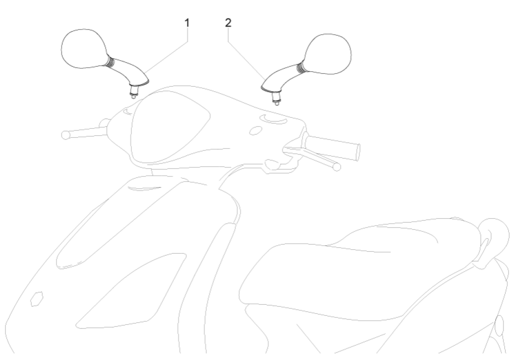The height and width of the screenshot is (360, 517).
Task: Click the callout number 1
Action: click(x=187, y=23)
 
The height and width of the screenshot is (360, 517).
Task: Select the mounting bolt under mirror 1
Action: click(x=134, y=92)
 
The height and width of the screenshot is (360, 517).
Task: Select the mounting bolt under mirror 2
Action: click(x=275, y=97)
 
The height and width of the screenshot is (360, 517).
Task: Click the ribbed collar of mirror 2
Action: click(x=302, y=67)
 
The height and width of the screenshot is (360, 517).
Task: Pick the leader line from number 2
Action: click(x=245, y=52)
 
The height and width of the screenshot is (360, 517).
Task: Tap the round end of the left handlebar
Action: click(x=64, y=134)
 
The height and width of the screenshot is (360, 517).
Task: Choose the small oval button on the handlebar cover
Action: click(x=255, y=130)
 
